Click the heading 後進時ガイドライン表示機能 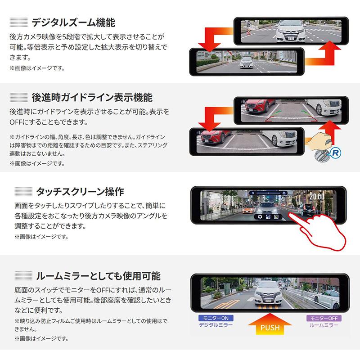click(92, 97)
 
